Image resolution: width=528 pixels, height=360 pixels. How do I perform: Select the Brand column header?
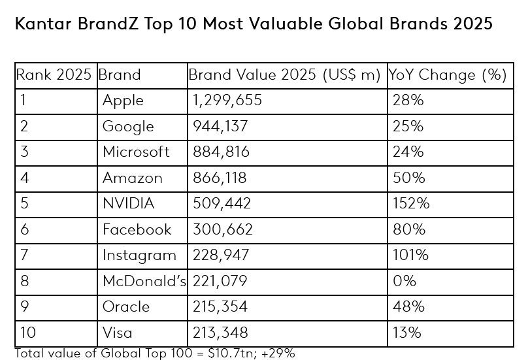pyautogui.click(x=120, y=74)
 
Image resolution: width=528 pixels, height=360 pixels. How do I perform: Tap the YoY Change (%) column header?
pyautogui.click(x=448, y=74)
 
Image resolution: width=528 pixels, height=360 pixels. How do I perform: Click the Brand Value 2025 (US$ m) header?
pyautogui.click(x=284, y=74)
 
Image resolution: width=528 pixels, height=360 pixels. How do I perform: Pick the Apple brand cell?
pyautogui.click(x=123, y=101)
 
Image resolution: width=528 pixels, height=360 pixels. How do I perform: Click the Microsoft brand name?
pyautogui.click(x=136, y=152)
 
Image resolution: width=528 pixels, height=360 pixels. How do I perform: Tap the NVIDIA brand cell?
pyautogui.click(x=129, y=204)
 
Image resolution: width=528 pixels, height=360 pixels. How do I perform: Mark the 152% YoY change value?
pyautogui.click(x=411, y=204)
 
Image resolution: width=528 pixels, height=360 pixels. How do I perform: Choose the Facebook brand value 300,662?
pyautogui.click(x=222, y=229)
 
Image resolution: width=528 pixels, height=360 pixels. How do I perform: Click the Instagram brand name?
pyautogui.click(x=139, y=255)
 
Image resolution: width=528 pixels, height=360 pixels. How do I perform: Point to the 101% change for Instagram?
pyautogui.click(x=410, y=255)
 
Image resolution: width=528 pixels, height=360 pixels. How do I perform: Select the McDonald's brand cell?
pyautogui.click(x=144, y=281)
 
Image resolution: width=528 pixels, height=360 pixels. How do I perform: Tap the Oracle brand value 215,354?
pyautogui.click(x=222, y=306)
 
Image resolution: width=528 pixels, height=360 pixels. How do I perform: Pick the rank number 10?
pyautogui.click(x=28, y=333)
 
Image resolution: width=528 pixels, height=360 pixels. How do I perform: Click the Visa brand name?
pyautogui.click(x=118, y=333)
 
